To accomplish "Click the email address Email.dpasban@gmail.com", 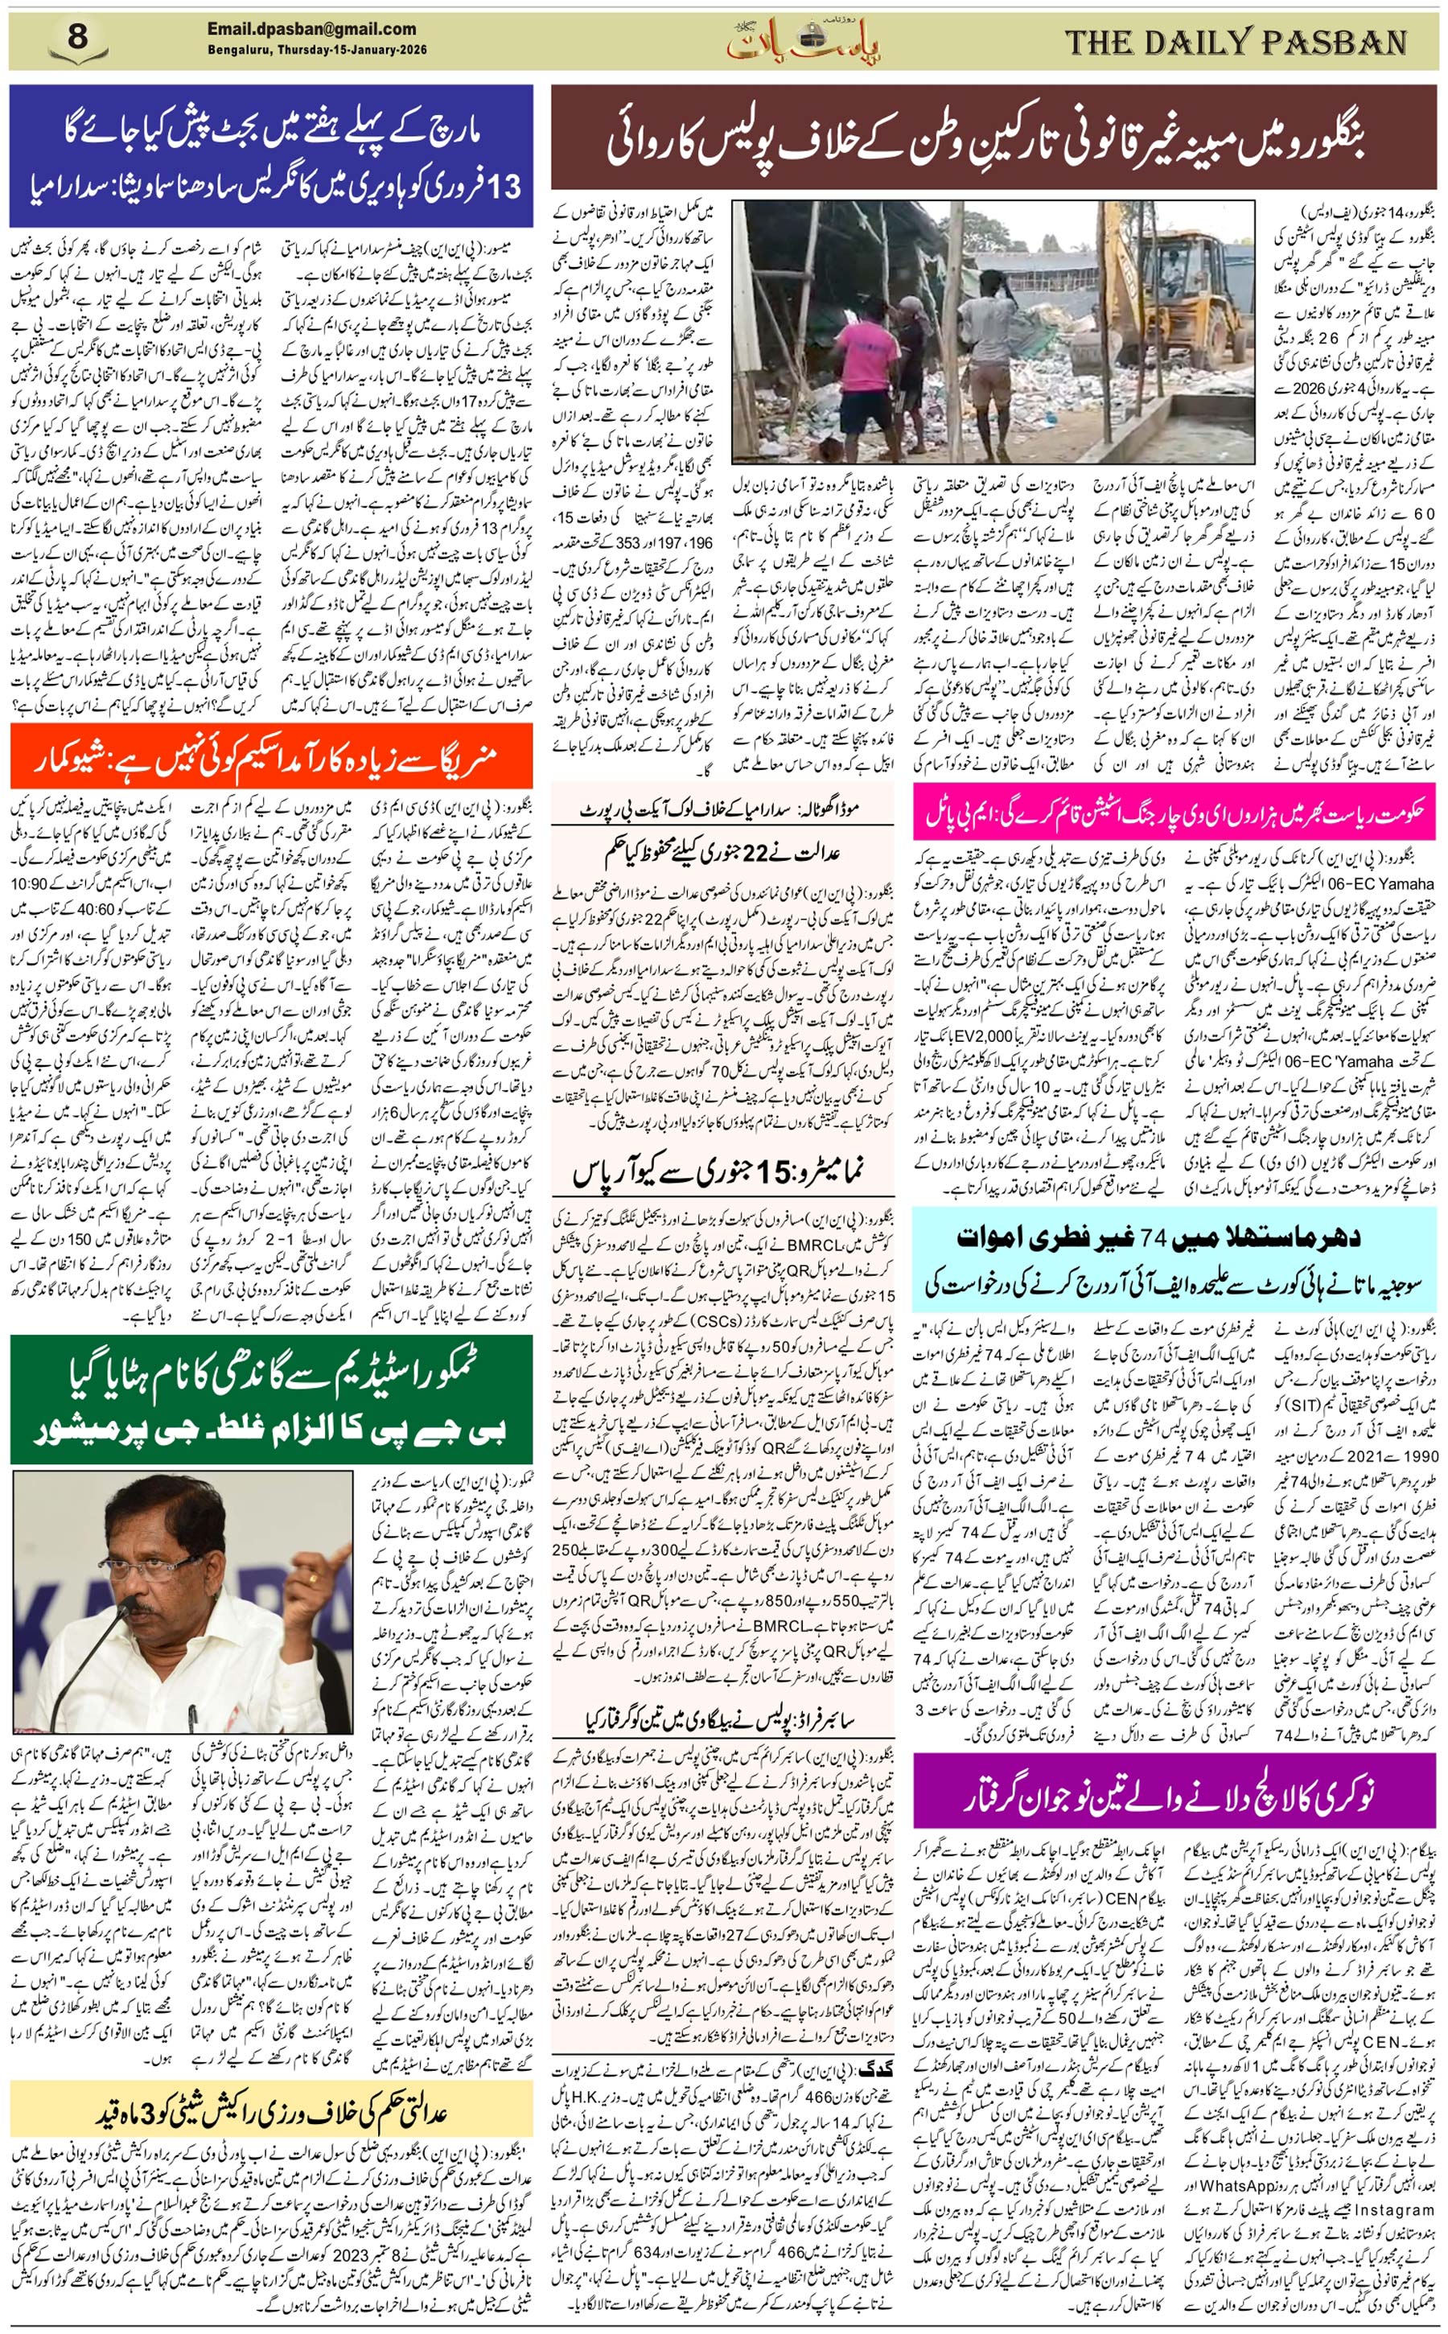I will (311, 30).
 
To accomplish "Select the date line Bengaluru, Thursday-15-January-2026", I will (317, 50).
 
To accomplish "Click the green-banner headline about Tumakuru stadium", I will (271, 1398).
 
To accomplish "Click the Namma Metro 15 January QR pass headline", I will (722, 1174).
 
